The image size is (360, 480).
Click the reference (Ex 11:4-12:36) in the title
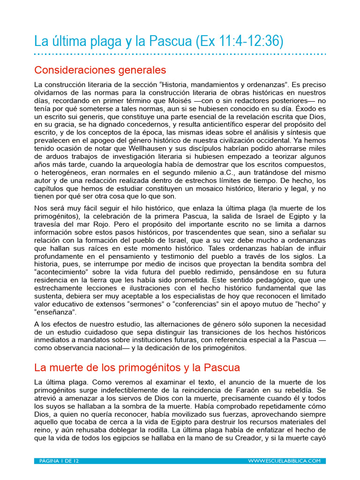coord(238,42)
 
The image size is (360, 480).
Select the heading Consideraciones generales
coord(100,70)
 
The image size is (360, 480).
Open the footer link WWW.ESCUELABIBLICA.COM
coord(284,461)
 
